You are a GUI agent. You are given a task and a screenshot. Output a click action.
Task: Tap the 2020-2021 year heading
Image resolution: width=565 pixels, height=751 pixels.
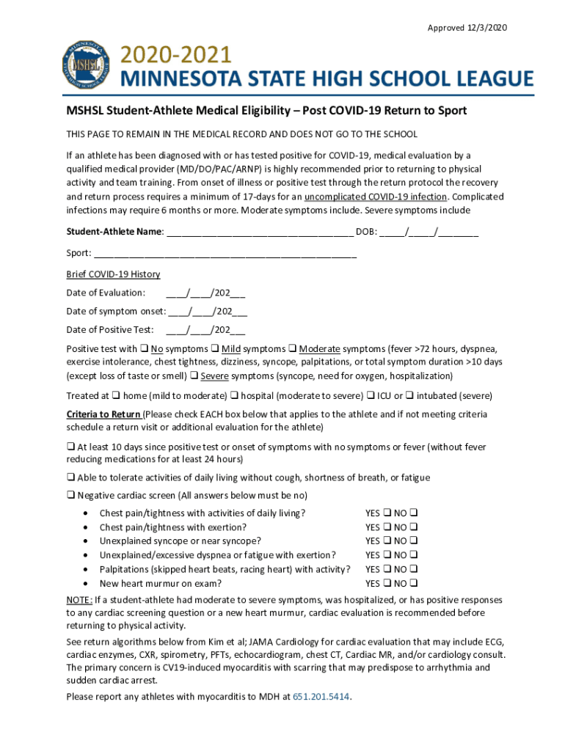[x=176, y=55]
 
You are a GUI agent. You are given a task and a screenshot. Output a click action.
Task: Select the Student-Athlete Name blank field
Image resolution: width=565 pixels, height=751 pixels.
[x=260, y=232]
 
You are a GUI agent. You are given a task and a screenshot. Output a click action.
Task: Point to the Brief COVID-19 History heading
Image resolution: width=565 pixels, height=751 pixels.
[x=113, y=274]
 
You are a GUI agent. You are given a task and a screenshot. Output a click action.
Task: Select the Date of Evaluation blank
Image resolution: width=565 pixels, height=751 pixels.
[x=205, y=293]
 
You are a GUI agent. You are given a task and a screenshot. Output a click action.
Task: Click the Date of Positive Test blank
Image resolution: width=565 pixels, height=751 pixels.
[x=205, y=329]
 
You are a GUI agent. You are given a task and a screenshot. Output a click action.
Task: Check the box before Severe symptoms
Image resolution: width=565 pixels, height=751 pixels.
[x=194, y=375]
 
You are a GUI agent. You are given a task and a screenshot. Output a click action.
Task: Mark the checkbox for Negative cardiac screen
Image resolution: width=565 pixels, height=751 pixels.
[x=70, y=495]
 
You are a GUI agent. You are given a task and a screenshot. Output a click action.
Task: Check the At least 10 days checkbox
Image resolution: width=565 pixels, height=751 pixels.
[x=70, y=447]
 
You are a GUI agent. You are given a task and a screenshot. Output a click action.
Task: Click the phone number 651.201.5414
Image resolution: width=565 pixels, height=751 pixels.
[x=321, y=697]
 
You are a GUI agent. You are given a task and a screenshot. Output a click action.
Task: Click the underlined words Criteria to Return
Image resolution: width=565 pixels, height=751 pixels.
[x=103, y=414]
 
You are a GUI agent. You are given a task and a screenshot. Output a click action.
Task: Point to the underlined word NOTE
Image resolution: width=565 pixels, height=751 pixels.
[x=79, y=599]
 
